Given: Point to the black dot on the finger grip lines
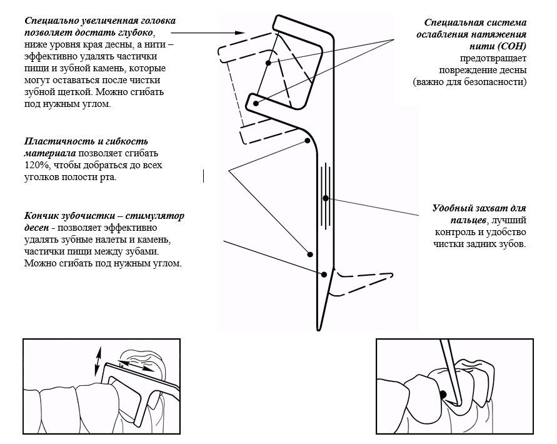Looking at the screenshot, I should pyautogui.click(x=326, y=198).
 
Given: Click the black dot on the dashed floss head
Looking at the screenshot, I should pyautogui.click(x=268, y=63).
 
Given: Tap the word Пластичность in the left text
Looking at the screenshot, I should pyautogui.click(x=53, y=141).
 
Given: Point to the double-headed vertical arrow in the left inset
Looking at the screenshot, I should pyautogui.click(x=98, y=361).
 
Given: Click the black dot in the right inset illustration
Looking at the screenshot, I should pyautogui.click(x=443, y=395).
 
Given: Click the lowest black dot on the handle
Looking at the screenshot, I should pyautogui.click(x=324, y=275).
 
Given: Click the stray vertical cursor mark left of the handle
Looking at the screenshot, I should pyautogui.click(x=203, y=176).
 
